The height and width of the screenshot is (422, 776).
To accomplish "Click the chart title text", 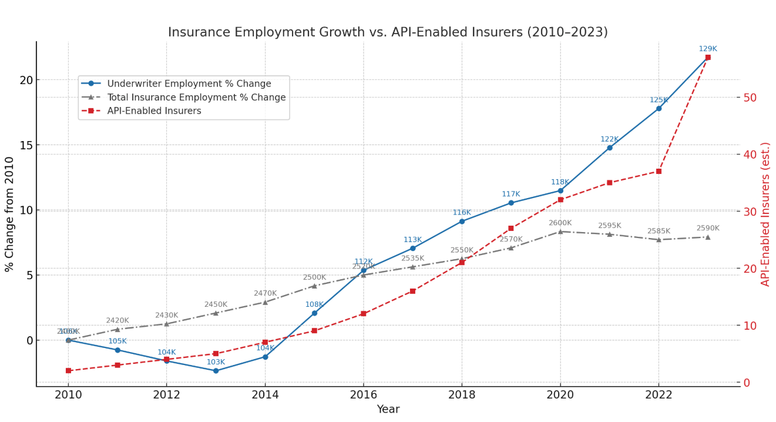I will [x=388, y=32].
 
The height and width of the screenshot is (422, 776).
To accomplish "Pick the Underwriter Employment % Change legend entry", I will [x=189, y=84].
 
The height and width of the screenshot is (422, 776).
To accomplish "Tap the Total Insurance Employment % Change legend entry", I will [x=196, y=98].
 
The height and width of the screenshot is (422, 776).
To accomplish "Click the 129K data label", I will [x=707, y=49].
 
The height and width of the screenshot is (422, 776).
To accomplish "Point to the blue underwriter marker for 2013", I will [x=216, y=371].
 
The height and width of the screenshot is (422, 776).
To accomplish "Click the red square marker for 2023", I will [x=708, y=58].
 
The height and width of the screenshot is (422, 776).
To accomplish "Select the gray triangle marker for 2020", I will [x=560, y=232].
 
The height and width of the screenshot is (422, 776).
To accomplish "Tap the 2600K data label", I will [x=560, y=223].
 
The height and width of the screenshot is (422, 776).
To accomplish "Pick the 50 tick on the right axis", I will [x=751, y=98].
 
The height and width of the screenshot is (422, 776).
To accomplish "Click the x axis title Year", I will [x=388, y=410].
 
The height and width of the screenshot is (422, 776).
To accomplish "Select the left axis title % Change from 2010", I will [x=9, y=214].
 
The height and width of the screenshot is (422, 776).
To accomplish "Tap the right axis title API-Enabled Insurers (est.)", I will [x=765, y=214].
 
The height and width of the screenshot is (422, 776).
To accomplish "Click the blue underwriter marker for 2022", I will [x=659, y=108].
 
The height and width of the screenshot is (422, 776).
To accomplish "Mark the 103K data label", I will [x=216, y=363].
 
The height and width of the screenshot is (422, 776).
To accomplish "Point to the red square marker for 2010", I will [x=68, y=371].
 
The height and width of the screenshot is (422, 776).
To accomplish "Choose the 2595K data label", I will [x=609, y=226].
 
